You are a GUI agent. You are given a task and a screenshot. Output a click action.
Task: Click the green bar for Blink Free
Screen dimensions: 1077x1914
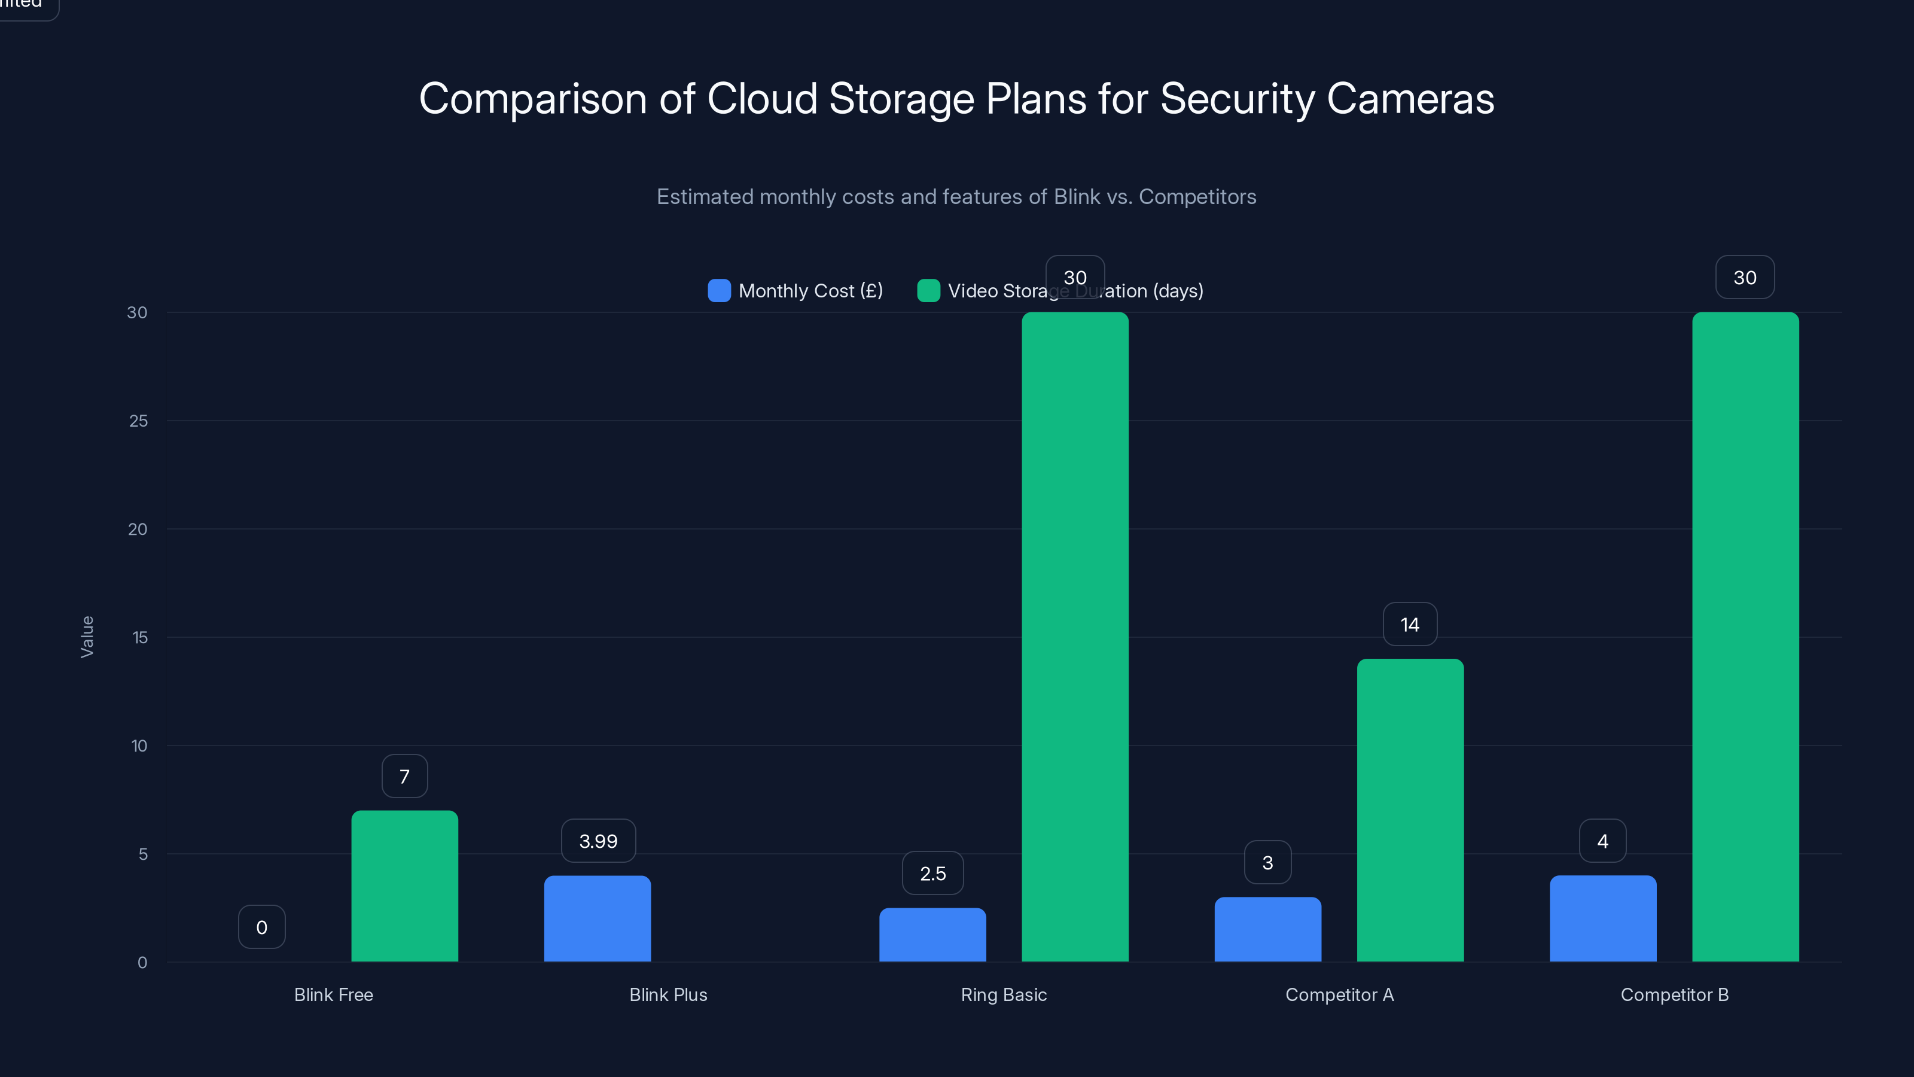(404, 886)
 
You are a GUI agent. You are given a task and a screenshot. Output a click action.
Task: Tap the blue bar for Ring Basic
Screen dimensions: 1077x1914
(932, 935)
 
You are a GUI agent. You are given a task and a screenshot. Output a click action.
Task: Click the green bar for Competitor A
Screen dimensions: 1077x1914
(1410, 810)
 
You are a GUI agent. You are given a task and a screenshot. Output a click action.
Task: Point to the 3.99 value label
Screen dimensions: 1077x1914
(598, 841)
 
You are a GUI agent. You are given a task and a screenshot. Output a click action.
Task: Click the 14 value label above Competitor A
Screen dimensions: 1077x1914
(1410, 624)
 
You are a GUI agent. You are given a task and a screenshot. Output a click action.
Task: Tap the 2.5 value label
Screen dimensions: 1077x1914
(932, 874)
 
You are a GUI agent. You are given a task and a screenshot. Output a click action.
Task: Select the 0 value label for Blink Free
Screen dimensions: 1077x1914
(261, 927)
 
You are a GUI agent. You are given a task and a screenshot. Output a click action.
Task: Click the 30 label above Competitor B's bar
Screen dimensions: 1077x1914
(1745, 277)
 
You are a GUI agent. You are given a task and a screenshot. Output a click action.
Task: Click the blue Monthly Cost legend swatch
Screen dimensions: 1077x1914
(719, 291)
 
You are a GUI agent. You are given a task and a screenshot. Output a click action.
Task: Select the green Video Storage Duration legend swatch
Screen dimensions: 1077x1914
(928, 291)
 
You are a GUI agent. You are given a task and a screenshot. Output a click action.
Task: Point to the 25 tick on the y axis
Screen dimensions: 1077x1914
(138, 421)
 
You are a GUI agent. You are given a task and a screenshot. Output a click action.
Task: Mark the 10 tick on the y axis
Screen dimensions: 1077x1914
(139, 746)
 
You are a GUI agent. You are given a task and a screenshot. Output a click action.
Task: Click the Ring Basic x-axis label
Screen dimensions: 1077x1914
(1003, 994)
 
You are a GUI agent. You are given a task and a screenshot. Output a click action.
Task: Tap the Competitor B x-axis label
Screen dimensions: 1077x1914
(1674, 994)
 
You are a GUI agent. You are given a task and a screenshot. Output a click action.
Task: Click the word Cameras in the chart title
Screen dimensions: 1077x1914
(1410, 98)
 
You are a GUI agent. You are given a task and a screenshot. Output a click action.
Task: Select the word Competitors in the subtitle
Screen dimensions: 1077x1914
(1197, 196)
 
